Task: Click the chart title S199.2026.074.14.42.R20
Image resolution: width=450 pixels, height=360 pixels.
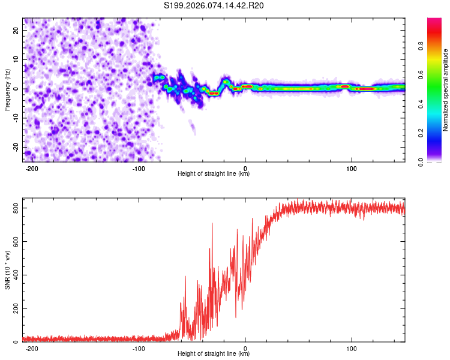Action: [214, 6]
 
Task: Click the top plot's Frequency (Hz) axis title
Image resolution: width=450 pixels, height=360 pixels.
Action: [8, 89]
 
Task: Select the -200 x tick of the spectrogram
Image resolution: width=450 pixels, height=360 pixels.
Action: [32, 168]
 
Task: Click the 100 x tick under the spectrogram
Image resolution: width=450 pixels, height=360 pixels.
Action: [352, 168]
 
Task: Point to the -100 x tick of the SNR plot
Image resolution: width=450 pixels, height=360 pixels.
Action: [139, 348]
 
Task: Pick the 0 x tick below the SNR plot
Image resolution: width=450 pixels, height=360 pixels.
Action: [245, 348]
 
